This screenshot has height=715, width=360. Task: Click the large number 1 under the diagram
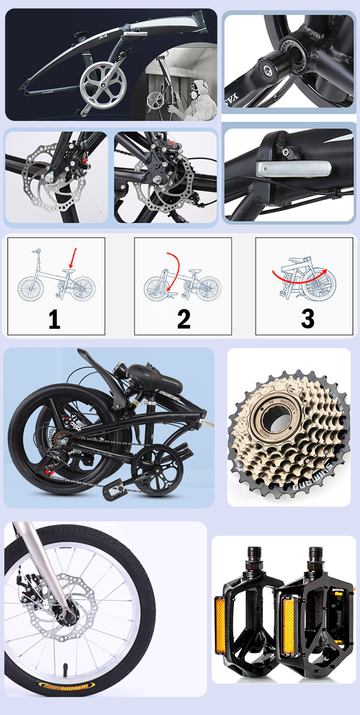(x=54, y=319)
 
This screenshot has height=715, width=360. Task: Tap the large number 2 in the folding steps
(x=184, y=319)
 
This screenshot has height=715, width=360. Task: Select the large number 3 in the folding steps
(x=308, y=318)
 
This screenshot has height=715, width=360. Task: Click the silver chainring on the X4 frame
(x=99, y=82)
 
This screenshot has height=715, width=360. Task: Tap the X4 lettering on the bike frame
(x=102, y=36)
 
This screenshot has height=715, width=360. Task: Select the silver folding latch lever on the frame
(x=293, y=168)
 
